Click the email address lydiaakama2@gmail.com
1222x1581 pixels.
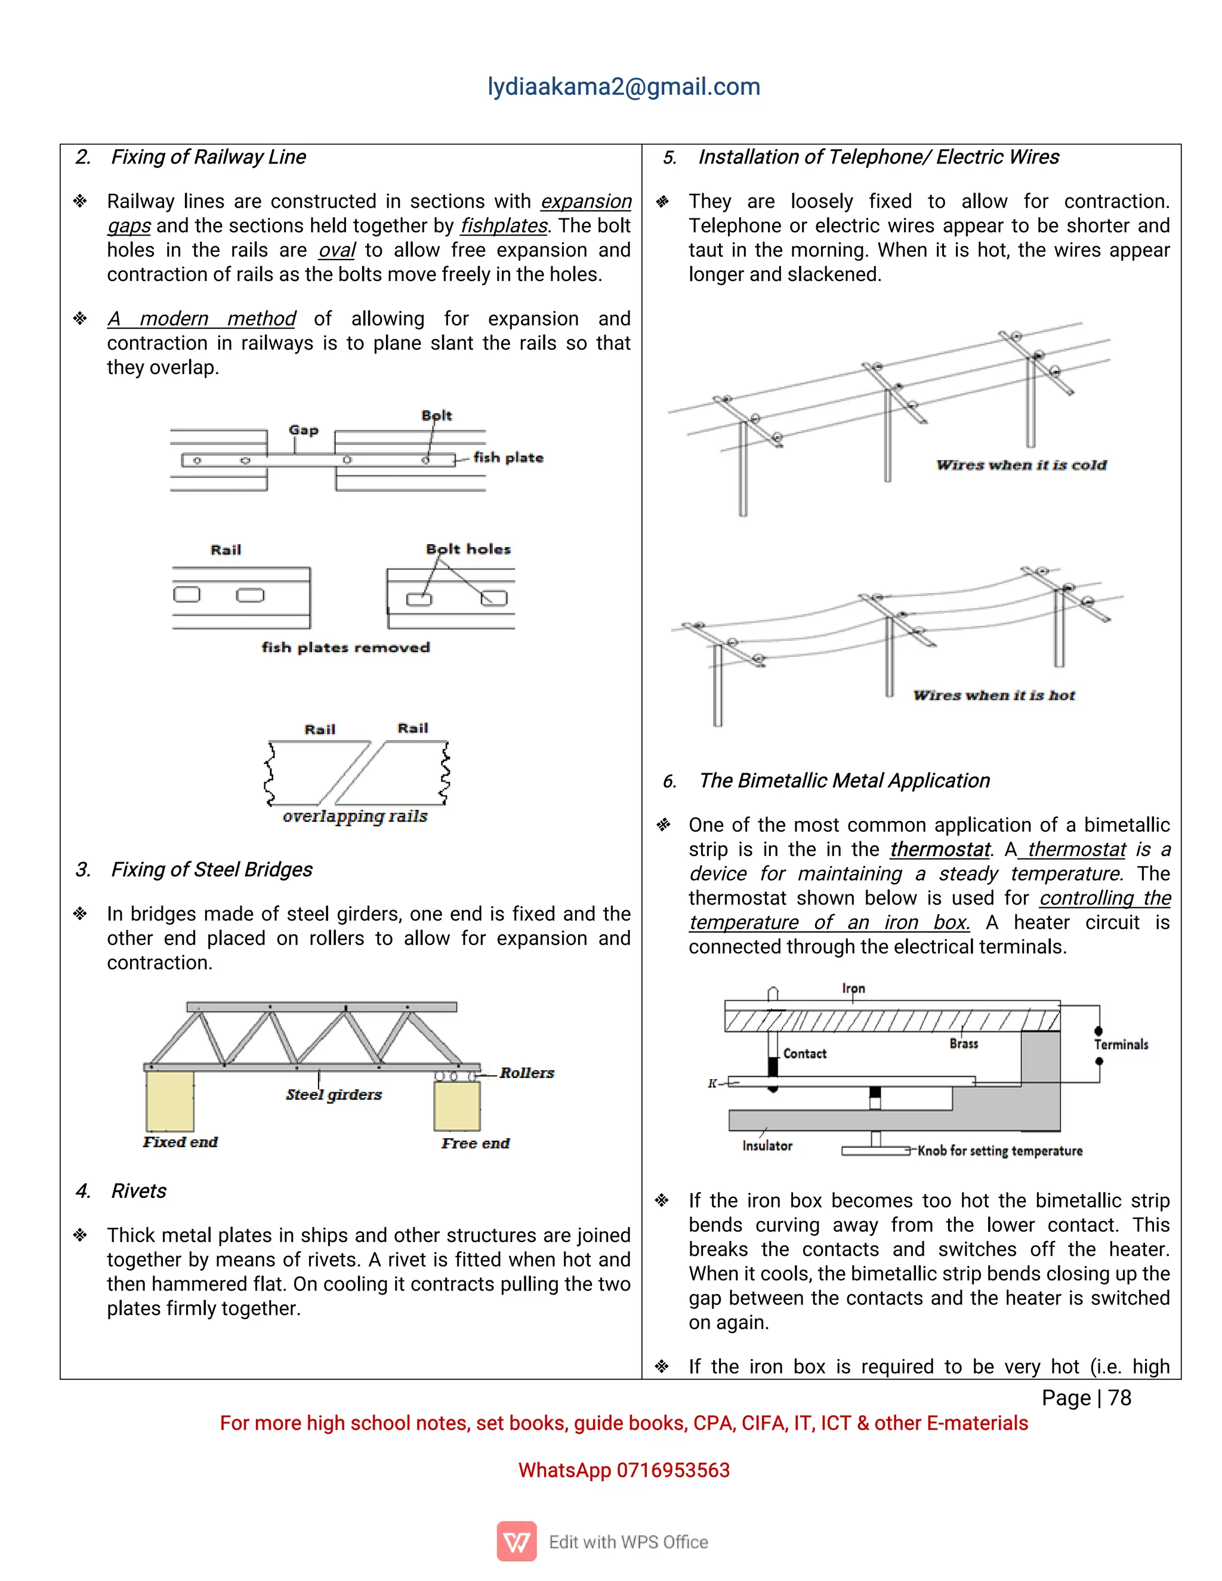[624, 87]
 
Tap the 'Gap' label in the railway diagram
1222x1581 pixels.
[303, 430]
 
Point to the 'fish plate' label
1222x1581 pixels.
[508, 458]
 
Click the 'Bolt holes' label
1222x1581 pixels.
[468, 549]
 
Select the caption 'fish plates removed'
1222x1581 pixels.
[345, 647]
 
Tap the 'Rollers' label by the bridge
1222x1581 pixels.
[526, 1073]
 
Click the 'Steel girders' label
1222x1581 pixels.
[334, 1095]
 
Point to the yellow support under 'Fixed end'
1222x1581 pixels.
[169, 1100]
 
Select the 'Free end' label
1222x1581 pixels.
[475, 1143]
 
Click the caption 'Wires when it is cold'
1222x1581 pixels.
[1021, 465]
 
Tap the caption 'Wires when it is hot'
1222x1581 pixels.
[994, 695]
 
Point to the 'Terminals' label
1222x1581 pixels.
[1121, 1044]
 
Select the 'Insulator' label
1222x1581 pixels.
[767, 1145]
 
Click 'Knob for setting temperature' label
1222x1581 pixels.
[1000, 1150]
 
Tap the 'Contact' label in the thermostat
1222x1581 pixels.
[804, 1053]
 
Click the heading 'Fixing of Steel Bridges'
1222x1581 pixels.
[211, 869]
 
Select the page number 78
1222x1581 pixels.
[1119, 1398]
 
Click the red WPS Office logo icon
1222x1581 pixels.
[516, 1541]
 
